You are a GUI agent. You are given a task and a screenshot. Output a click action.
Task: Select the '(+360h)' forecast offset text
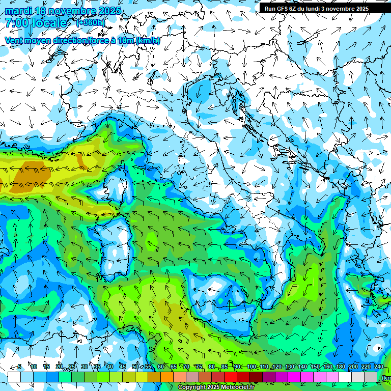coord(90,23)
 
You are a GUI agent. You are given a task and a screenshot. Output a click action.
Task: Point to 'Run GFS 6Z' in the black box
coord(282,9)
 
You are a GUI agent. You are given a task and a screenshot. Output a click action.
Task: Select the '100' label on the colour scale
coord(251,367)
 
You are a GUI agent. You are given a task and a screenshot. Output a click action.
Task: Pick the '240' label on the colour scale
coord(378,367)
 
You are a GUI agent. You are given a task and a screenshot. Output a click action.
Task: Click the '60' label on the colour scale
coord(161,367)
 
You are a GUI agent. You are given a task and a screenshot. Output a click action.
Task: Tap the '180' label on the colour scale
coord(340,367)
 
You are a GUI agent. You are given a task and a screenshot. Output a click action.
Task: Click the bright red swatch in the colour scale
coord(231,377)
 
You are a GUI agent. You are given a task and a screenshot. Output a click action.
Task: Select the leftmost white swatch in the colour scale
coord(14,377)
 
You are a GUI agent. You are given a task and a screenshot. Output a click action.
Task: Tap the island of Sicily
coord(227,295)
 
